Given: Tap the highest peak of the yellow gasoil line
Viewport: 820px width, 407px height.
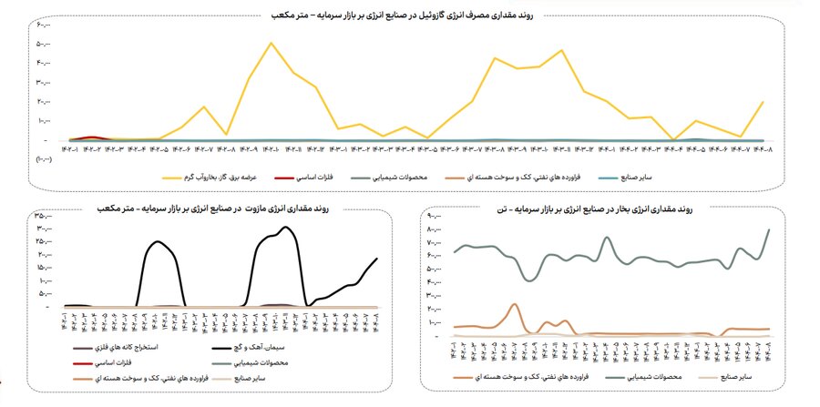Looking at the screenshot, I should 271,43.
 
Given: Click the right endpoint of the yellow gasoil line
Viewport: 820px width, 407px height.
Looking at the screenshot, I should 763,102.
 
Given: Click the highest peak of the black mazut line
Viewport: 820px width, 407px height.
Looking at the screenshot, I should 286,227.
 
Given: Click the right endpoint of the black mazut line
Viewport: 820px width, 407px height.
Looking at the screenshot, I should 376,259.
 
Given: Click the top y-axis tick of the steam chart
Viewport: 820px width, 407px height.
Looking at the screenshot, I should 436,216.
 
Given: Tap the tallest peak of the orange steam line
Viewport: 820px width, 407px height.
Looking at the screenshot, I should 515,304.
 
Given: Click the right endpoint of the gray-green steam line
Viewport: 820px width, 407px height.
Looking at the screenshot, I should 770,229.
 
